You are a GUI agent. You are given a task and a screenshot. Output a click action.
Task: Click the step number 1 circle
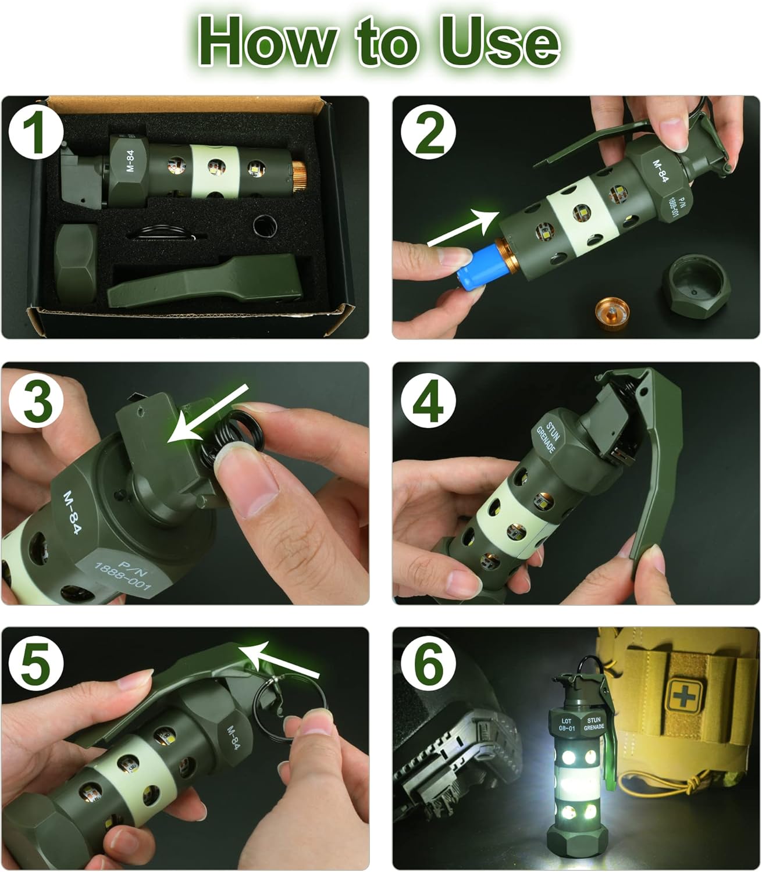point(36,131)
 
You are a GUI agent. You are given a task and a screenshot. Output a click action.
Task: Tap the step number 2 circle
point(428,131)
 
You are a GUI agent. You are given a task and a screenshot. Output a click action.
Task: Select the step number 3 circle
point(36,400)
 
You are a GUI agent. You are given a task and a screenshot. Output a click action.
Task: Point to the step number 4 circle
point(428,400)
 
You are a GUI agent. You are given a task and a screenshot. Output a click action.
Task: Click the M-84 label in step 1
point(130,160)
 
